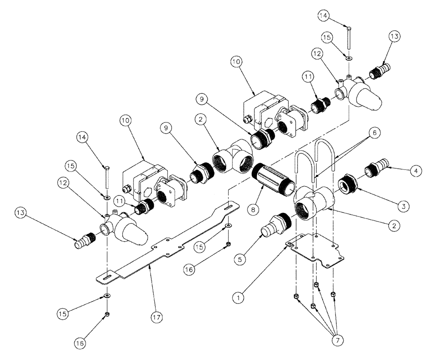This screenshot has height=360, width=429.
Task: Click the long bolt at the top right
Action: [349, 39]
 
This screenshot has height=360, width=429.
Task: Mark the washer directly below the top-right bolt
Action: [349, 58]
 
